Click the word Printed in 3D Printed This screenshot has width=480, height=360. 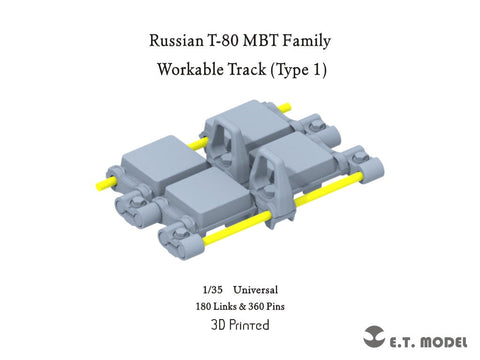coord(250,325)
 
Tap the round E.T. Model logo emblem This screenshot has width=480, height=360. coord(375,333)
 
